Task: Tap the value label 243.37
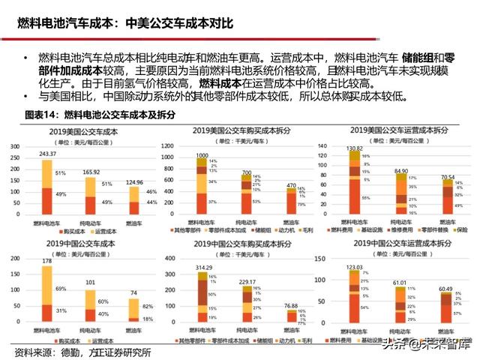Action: coord(47,154)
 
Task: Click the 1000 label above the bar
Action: coord(201,155)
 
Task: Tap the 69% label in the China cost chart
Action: coord(61,288)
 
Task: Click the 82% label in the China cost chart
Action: coord(147,307)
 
